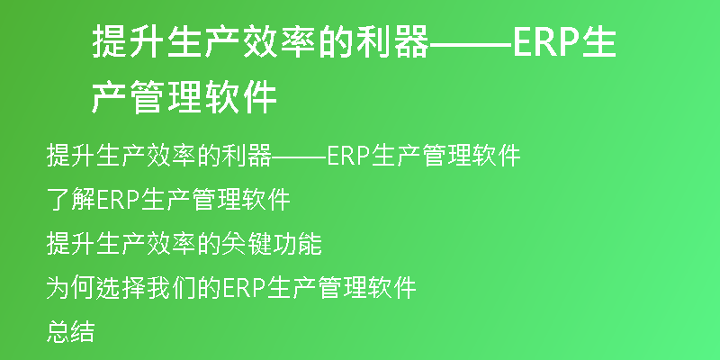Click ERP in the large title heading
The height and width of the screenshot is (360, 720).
pos(545,42)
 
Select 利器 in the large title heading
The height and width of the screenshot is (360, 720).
pos(392,41)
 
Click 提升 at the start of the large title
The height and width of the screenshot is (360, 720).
pos(130,41)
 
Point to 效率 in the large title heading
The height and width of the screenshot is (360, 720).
pos(280,41)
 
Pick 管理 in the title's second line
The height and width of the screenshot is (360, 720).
pos(167,97)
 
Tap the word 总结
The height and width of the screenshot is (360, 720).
pos(71,332)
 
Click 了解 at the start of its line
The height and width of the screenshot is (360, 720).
pos(71,199)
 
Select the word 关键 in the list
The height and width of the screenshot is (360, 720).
pos(247,244)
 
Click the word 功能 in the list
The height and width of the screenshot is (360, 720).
pos(297,244)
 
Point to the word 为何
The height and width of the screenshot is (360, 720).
pos(71,288)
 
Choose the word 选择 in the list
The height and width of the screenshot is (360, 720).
pos(121,288)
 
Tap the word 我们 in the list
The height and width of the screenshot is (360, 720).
pos(171,288)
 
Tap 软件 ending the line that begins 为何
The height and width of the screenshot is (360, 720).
pos(391,288)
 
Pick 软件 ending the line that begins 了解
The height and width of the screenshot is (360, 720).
pos(265,199)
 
